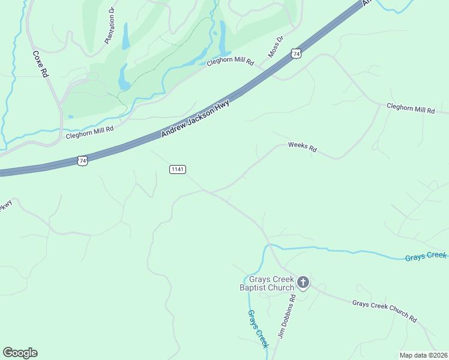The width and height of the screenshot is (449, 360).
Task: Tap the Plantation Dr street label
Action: pos(109,26)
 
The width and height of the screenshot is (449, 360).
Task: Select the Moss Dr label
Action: pos(275,46)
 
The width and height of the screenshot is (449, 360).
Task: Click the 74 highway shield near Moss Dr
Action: pos(295,55)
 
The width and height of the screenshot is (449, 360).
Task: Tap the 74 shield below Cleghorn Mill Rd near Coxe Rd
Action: pos(83,160)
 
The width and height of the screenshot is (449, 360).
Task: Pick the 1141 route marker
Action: pos(178,170)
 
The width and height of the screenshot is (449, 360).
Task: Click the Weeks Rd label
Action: pos(302,147)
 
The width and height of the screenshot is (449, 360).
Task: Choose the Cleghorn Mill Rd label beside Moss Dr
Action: pos(231,62)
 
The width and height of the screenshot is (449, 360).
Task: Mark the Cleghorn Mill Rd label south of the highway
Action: pos(411,109)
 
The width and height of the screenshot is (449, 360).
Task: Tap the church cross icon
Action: pos(303,281)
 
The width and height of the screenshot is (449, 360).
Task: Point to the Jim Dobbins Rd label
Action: pos(286,317)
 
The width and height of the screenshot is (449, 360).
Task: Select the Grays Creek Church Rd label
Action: pos(384,311)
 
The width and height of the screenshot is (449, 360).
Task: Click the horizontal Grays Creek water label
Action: pos(426,256)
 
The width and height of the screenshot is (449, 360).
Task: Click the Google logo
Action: pos(20,353)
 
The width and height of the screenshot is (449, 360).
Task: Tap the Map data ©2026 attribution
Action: pos(423,355)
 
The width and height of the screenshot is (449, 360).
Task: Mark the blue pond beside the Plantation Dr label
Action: pos(125,37)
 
